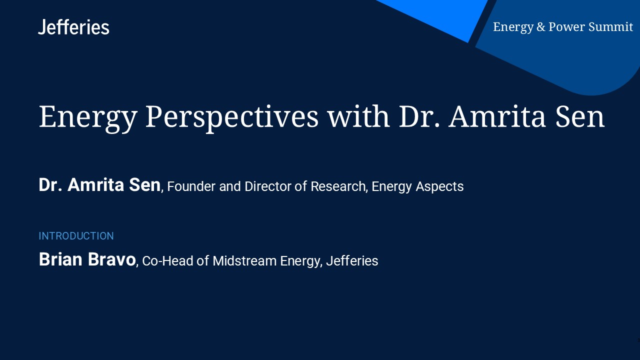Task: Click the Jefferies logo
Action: click(73, 27)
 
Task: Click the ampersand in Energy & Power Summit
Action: click(541, 27)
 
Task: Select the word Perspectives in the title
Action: click(231, 116)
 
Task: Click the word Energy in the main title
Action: click(87, 116)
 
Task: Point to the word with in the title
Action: click(358, 116)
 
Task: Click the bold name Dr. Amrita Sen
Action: click(99, 185)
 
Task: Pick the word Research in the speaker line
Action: click(338, 186)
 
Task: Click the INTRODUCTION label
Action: click(76, 236)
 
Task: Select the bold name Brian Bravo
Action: click(87, 259)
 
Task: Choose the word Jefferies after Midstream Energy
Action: click(352, 261)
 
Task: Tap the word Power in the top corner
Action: click(566, 27)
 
